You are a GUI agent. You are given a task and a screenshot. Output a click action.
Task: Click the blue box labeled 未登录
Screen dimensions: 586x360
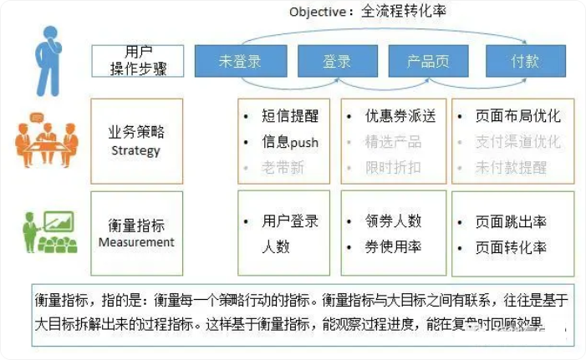[240, 61]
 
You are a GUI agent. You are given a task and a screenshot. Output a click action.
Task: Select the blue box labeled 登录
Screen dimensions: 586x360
[336, 61]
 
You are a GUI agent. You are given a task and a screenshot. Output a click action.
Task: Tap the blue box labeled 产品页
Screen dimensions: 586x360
[429, 61]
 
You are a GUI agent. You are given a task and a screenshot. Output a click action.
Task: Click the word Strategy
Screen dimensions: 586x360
[135, 151]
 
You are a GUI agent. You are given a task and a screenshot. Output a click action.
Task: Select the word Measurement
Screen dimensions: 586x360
[136, 242]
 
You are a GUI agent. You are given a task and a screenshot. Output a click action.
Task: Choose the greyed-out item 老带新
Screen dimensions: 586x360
[283, 167]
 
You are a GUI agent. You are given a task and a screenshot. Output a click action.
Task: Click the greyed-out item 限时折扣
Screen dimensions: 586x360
[393, 167]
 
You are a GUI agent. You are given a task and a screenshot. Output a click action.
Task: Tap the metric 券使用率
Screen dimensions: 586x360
[393, 246]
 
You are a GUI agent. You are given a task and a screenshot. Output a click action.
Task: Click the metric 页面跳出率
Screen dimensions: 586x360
[511, 222]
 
